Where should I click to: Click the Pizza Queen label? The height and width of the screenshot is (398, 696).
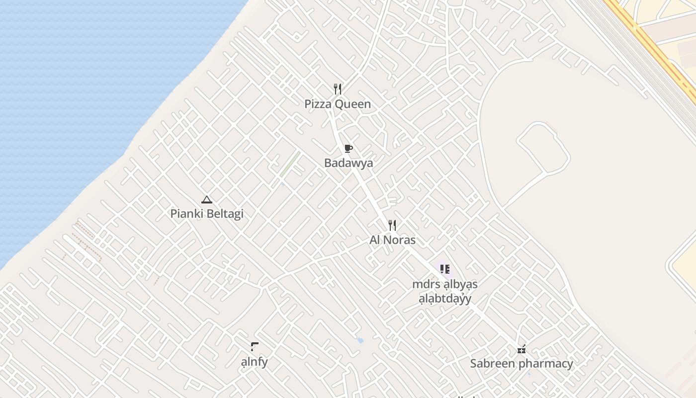tap(338, 104)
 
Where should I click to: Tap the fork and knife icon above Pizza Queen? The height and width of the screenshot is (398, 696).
tap(338, 89)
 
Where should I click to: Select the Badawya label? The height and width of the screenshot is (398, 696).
tap(348, 163)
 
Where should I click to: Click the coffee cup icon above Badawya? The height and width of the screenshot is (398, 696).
tap(348, 148)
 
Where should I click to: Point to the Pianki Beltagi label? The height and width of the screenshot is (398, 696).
tap(207, 214)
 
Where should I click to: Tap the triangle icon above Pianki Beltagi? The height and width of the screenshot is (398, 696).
tap(207, 200)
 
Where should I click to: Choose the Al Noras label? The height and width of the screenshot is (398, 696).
tap(392, 240)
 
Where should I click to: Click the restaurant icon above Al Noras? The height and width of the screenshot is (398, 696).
tap(392, 225)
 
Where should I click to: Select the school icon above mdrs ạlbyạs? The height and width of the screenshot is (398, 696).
tap(444, 269)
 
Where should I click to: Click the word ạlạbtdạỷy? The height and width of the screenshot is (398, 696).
tap(444, 299)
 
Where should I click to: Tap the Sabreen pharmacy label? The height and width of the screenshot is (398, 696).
tap(522, 364)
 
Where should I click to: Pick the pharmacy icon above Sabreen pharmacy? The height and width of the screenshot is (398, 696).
tap(522, 349)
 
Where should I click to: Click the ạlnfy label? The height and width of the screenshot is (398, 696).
tap(254, 362)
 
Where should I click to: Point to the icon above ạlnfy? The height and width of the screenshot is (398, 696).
tap(254, 346)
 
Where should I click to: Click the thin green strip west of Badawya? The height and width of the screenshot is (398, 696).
tap(289, 164)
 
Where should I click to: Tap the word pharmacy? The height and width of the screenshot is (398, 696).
tap(545, 364)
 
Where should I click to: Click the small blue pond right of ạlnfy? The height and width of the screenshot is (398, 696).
tap(360, 341)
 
